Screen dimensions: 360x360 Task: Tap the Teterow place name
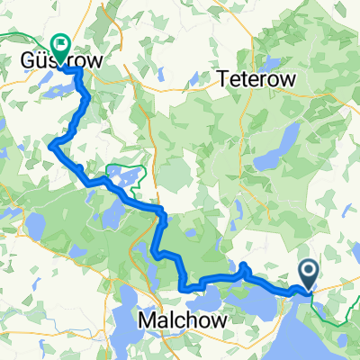[256, 80]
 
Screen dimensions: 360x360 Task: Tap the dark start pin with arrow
[308, 274]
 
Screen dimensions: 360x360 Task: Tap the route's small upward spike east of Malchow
[244, 266]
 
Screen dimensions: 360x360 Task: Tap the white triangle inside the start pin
[308, 269]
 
